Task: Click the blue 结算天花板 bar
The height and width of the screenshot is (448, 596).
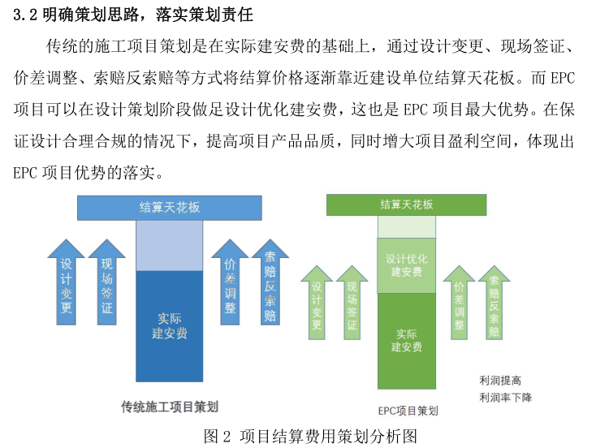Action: click(170, 207)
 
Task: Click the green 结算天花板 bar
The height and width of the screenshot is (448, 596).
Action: click(406, 205)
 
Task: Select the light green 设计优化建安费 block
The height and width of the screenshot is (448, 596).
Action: click(406, 265)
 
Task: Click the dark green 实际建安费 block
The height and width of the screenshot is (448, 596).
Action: click(406, 340)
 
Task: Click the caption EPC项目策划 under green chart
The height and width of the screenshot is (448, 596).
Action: click(408, 411)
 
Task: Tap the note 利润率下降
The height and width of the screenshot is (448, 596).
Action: click(505, 397)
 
